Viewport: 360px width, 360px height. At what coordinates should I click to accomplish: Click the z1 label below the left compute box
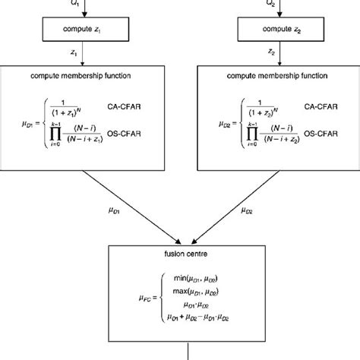point(72,54)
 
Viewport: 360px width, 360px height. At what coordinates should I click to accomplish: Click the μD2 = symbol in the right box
point(215,121)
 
